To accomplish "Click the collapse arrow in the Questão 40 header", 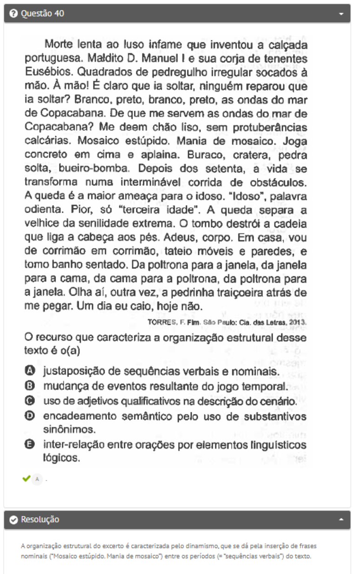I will tap(341, 14).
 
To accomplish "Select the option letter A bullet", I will tap(30, 371).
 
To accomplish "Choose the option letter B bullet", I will tap(30, 386).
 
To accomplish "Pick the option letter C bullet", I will tap(30, 401).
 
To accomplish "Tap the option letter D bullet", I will tap(30, 416).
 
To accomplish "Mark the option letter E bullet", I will tap(30, 445).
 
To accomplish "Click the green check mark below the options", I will tap(26, 478).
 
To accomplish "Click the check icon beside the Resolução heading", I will tap(14, 520).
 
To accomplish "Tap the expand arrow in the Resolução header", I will tap(341, 520).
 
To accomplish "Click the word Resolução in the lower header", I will tap(40, 520).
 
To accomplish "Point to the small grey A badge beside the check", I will tap(37, 479).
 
